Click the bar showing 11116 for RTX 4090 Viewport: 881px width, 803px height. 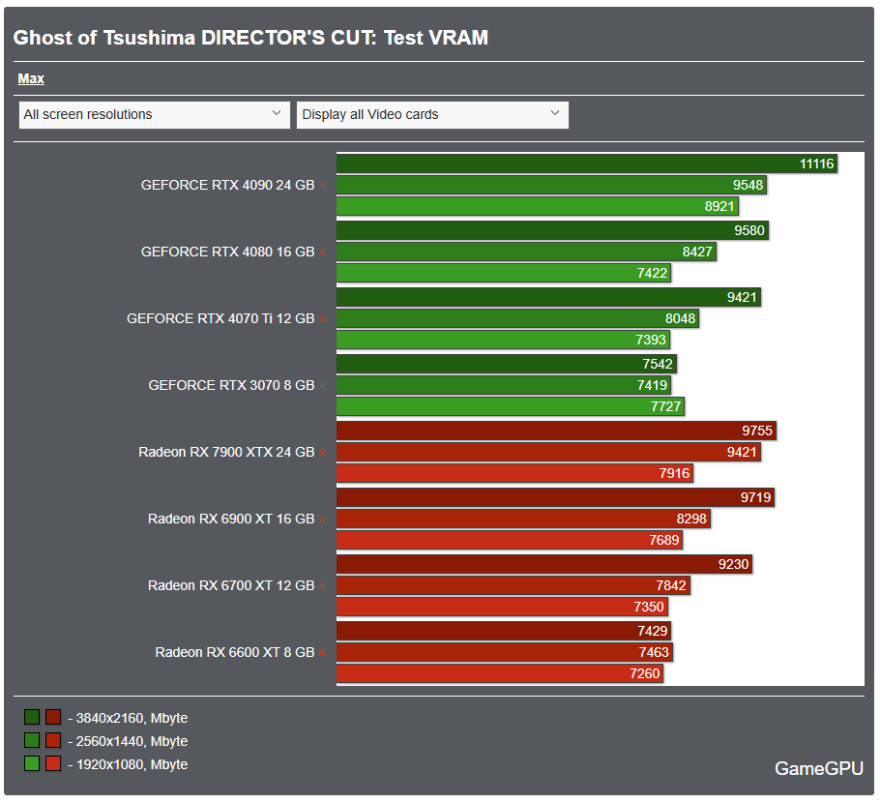[586, 164]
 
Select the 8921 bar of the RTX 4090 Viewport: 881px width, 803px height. [537, 206]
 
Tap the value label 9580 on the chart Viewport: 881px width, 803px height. [750, 230]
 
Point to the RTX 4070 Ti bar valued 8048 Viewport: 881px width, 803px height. [516, 318]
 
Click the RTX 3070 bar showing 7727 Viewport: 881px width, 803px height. [510, 406]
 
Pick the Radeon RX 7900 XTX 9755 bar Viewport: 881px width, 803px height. [556, 431]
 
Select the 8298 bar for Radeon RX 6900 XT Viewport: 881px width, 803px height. [523, 519]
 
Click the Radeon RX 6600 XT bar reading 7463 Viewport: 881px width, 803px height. [504, 652]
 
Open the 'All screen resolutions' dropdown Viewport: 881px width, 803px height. [154, 114]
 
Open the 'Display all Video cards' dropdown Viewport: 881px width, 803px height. [432, 114]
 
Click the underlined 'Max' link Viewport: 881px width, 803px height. [31, 78]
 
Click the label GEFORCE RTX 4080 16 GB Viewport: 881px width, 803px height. [227, 252]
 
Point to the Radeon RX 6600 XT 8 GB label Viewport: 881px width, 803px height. [235, 652]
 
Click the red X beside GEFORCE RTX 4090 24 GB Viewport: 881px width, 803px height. [323, 185]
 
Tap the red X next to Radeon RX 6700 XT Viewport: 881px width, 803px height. [323, 585]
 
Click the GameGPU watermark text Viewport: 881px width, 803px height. [818, 769]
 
